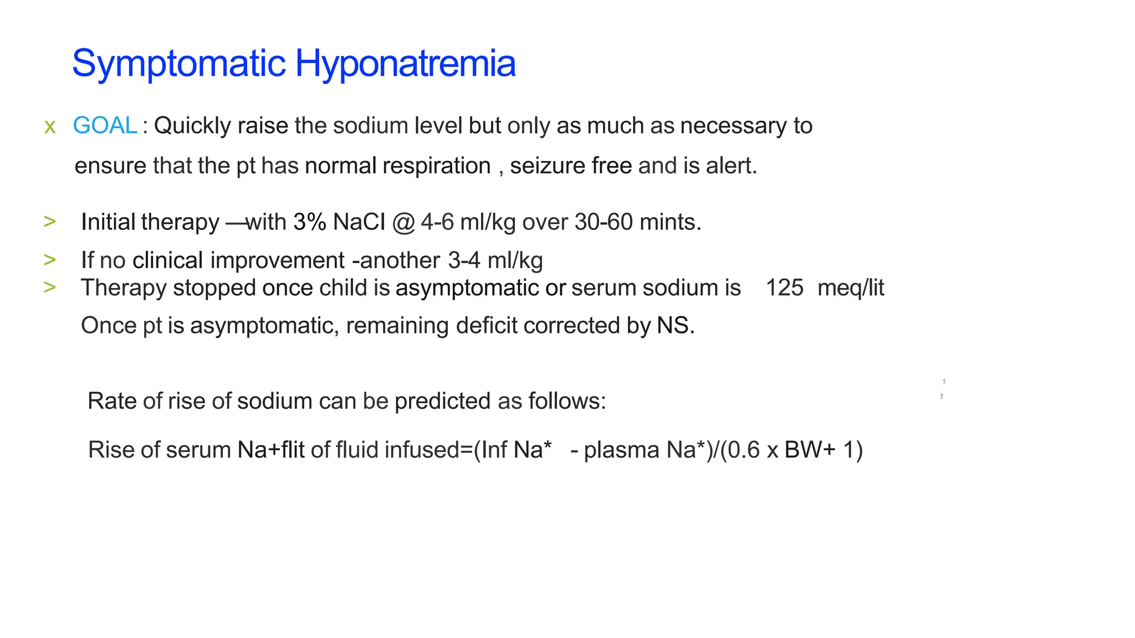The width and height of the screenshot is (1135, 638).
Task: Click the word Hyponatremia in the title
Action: (x=405, y=64)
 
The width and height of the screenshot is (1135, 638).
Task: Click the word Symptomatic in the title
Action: (x=178, y=64)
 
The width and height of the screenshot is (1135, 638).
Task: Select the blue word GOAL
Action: (x=105, y=126)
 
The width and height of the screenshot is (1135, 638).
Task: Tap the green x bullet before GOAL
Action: (x=50, y=127)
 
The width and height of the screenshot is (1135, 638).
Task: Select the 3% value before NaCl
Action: (x=310, y=222)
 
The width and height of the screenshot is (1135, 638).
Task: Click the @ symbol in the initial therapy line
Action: (x=403, y=223)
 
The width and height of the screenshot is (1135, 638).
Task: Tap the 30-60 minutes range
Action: (x=604, y=222)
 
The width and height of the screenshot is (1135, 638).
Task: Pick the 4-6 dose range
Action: (x=437, y=222)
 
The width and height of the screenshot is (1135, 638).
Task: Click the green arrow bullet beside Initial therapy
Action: (x=50, y=222)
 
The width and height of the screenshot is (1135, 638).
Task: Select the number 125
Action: (x=784, y=288)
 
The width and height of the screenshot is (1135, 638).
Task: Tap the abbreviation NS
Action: (x=674, y=326)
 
